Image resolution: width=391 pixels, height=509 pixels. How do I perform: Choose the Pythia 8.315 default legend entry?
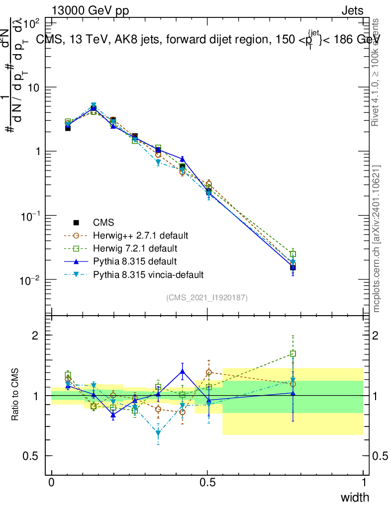pos(135,261)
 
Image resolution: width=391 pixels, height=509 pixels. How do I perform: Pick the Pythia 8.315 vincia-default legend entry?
pos(148,274)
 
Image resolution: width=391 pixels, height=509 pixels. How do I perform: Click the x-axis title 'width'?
pos(355,497)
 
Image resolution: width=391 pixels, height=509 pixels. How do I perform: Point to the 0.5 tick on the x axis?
pos(207,483)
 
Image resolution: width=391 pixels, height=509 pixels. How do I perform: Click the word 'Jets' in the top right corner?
pos(352,11)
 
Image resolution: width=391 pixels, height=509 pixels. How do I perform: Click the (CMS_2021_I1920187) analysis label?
pos(207,297)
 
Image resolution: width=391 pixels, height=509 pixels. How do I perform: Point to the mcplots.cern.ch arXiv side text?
pos(377,239)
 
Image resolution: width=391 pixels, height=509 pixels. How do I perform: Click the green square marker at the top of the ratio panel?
pos(293,354)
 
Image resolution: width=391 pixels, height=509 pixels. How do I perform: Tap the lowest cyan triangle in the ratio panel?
pos(158,433)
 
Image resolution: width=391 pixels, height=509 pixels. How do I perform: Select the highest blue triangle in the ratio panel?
pos(183,371)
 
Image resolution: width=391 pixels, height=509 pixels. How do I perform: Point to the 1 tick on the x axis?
pos(364,483)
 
